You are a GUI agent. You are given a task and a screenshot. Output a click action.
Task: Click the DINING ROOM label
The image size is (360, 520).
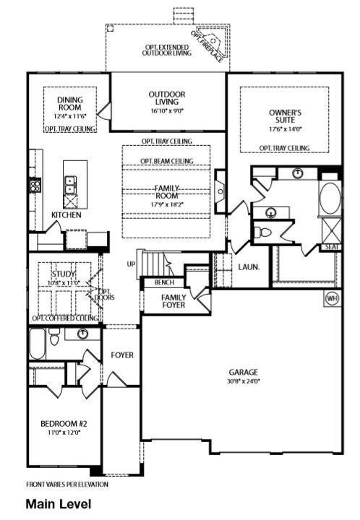coord(70,103)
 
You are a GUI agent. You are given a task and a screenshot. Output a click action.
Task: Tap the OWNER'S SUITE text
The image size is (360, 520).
coord(285,117)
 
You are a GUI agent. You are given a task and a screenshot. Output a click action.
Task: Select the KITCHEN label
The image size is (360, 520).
coord(66,215)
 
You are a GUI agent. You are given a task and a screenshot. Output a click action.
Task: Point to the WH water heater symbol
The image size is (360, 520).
coord(331,298)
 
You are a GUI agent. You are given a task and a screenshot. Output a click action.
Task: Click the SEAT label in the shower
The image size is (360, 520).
coord(332,246)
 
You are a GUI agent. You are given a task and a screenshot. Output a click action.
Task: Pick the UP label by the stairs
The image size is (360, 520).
coord(131,263)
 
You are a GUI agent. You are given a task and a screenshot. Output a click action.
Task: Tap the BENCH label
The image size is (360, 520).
coord(164,282)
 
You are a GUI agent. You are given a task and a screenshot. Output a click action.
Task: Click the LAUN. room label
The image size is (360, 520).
coord(249,266)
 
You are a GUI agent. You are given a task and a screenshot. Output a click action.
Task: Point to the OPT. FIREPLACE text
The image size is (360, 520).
coord(208,45)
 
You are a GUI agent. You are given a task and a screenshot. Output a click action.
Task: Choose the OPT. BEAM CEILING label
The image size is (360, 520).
coord(166,160)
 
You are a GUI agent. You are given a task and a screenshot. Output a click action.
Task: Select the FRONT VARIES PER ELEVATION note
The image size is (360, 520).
coord(67,484)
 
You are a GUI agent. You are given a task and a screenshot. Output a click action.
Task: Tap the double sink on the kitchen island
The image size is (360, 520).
coord(71,187)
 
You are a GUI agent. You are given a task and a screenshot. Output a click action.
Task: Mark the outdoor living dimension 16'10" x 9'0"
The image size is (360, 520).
coord(167,112)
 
